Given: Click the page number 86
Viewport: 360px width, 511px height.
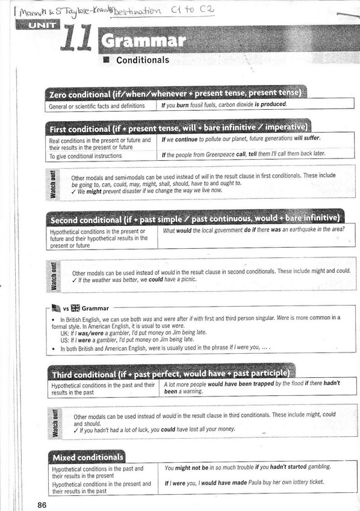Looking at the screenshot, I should coord(42,505).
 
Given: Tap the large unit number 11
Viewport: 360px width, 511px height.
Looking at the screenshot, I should coord(76,41).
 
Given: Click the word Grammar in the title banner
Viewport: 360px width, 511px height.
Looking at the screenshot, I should coord(144,41).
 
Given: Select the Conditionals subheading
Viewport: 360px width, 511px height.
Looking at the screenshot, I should coord(143,60).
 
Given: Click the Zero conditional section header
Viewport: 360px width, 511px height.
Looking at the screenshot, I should coord(175,94).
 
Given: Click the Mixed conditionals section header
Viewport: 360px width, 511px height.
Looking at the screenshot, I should coord(88,456).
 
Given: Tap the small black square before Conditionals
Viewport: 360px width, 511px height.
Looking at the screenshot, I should coord(106,60).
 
